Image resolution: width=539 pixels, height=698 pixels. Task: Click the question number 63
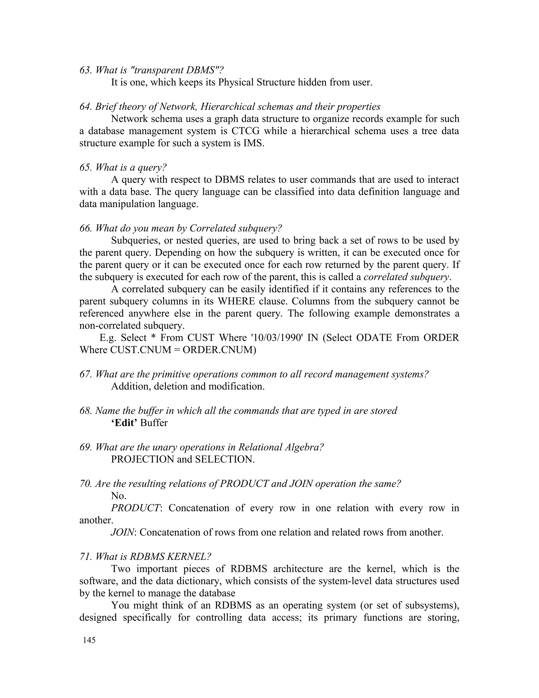86,70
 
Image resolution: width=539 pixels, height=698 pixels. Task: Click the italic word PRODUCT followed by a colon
135,508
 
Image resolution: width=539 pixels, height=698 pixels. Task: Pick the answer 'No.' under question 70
118,496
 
